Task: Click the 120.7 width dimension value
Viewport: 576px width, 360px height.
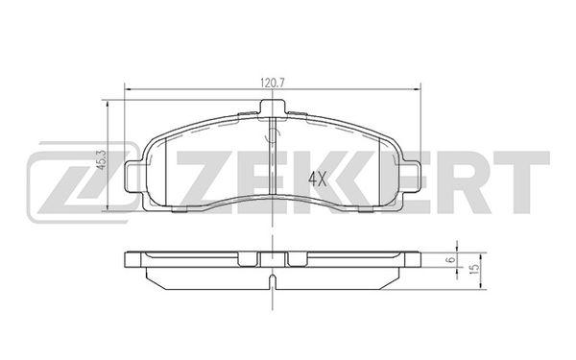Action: (273, 83)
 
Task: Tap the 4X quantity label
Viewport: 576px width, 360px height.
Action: (317, 179)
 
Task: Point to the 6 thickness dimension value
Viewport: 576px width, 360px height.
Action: (452, 259)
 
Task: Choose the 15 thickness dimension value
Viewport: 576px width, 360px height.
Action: (474, 269)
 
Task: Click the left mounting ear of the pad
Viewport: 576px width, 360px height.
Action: (133, 177)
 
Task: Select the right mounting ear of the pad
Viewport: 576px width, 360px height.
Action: (412, 177)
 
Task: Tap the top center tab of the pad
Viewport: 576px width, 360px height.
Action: (273, 108)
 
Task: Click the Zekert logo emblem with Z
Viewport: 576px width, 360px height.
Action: (83, 182)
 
